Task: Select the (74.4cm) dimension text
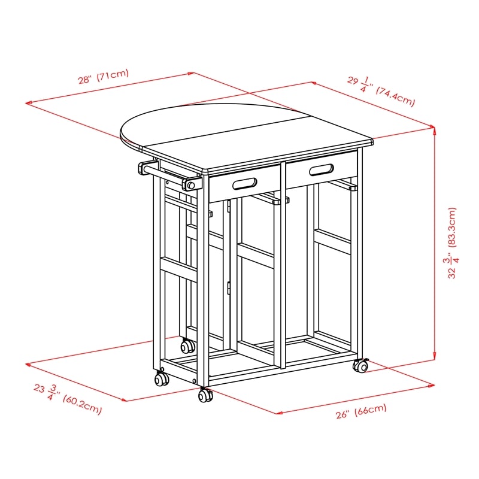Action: coord(396,95)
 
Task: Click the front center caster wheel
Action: coord(206,395)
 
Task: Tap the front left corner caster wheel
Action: coord(161,378)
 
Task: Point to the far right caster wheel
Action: coord(361,364)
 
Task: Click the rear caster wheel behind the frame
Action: coord(188,345)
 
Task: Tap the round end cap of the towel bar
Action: coord(190,186)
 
